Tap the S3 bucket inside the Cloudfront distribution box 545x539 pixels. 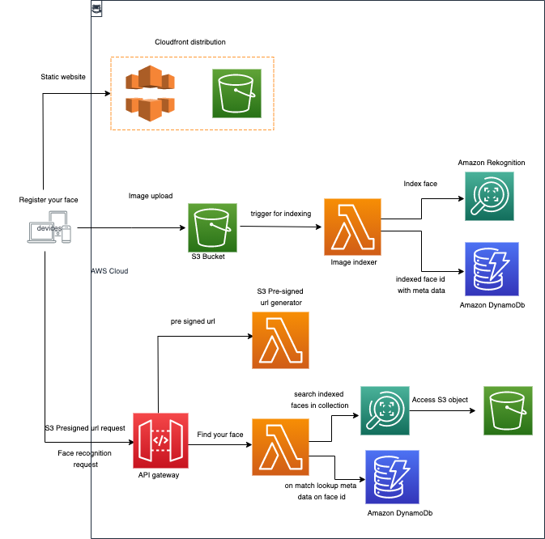click(x=237, y=93)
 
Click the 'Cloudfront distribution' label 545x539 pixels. click(x=190, y=42)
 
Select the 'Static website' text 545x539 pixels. click(x=63, y=77)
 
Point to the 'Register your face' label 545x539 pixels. click(x=49, y=199)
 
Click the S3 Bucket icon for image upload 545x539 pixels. click(x=213, y=227)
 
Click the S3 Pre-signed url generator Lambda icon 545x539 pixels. click(x=280, y=339)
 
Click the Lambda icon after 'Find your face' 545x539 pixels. click(x=280, y=446)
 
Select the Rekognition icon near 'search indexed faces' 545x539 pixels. click(x=382, y=410)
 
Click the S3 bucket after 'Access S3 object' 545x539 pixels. click(x=508, y=410)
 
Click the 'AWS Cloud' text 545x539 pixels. click(x=109, y=271)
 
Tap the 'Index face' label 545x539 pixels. click(x=420, y=184)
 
